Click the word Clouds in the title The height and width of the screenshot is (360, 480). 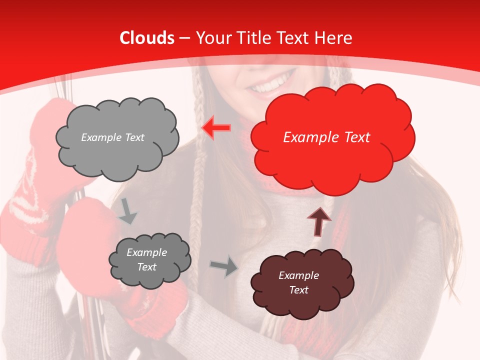click(147, 38)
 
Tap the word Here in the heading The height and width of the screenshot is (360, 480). click(335, 38)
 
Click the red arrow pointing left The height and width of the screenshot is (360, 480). click(216, 128)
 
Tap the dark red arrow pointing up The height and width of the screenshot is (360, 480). click(319, 221)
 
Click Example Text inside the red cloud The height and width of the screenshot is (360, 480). click(326, 137)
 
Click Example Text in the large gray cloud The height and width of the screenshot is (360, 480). click(112, 137)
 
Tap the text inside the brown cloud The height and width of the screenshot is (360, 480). click(298, 282)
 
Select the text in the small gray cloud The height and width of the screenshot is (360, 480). click(146, 259)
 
